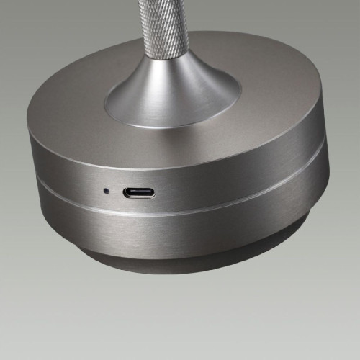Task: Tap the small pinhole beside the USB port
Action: (x=106, y=191)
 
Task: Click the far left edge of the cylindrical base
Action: (x=27, y=166)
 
